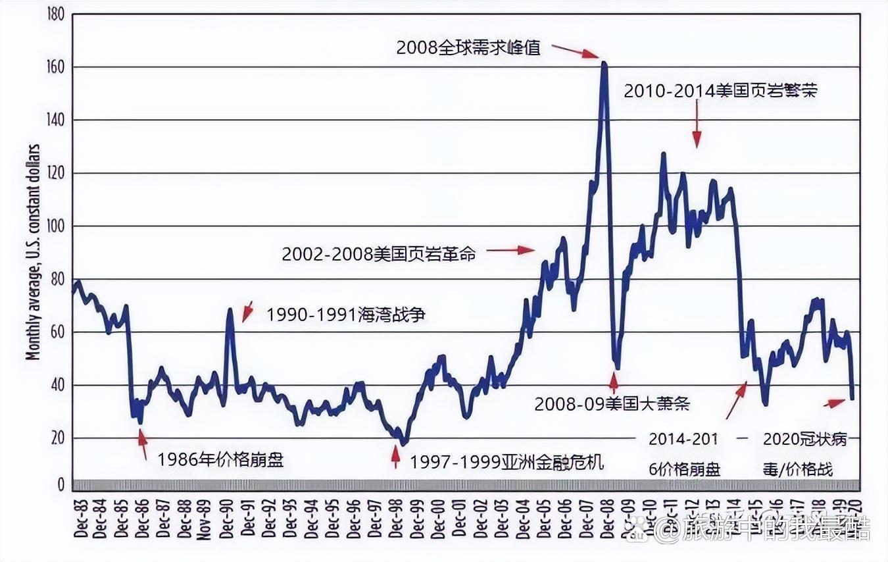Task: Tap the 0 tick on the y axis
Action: [60, 485]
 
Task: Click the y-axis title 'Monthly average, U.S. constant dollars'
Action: [32, 253]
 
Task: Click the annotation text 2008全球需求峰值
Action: [468, 47]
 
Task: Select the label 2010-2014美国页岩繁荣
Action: [720, 91]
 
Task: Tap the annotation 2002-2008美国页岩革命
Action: [378, 254]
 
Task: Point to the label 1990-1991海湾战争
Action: [345, 315]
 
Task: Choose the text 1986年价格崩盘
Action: [220, 459]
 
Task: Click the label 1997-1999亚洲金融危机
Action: [506, 462]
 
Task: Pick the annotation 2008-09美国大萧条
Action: [612, 403]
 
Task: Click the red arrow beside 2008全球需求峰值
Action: [575, 51]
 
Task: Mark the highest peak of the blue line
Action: [604, 63]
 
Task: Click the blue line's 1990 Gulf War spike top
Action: [230, 309]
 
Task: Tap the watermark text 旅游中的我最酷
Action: [776, 527]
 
